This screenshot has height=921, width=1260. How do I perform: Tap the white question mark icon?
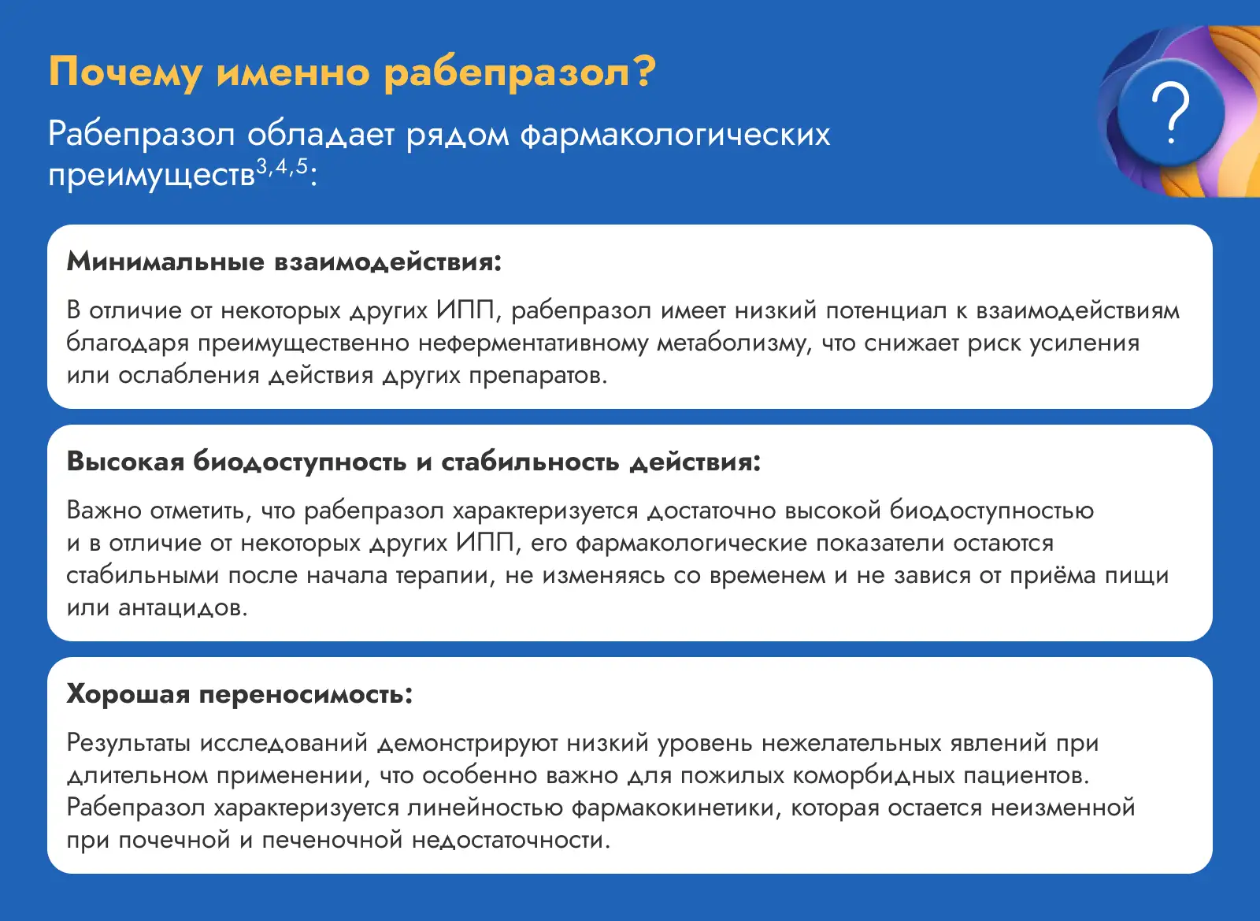point(1170,112)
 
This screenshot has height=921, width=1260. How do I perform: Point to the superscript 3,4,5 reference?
point(283,166)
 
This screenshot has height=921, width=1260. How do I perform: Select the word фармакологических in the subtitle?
point(674,135)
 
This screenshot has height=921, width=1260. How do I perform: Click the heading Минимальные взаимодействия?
point(284,262)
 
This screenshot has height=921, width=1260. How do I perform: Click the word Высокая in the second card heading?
point(125,462)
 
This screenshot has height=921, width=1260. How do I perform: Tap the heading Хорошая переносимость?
point(239,695)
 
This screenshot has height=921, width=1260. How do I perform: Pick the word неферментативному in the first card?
point(534,344)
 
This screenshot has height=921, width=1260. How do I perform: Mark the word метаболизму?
point(734,344)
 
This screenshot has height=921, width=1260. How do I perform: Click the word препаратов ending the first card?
point(539,376)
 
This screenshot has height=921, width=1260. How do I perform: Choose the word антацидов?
point(183,607)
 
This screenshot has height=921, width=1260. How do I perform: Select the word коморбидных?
point(874,775)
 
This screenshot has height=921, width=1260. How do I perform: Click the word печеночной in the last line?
point(332,840)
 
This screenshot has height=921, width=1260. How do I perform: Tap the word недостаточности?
point(511,840)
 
